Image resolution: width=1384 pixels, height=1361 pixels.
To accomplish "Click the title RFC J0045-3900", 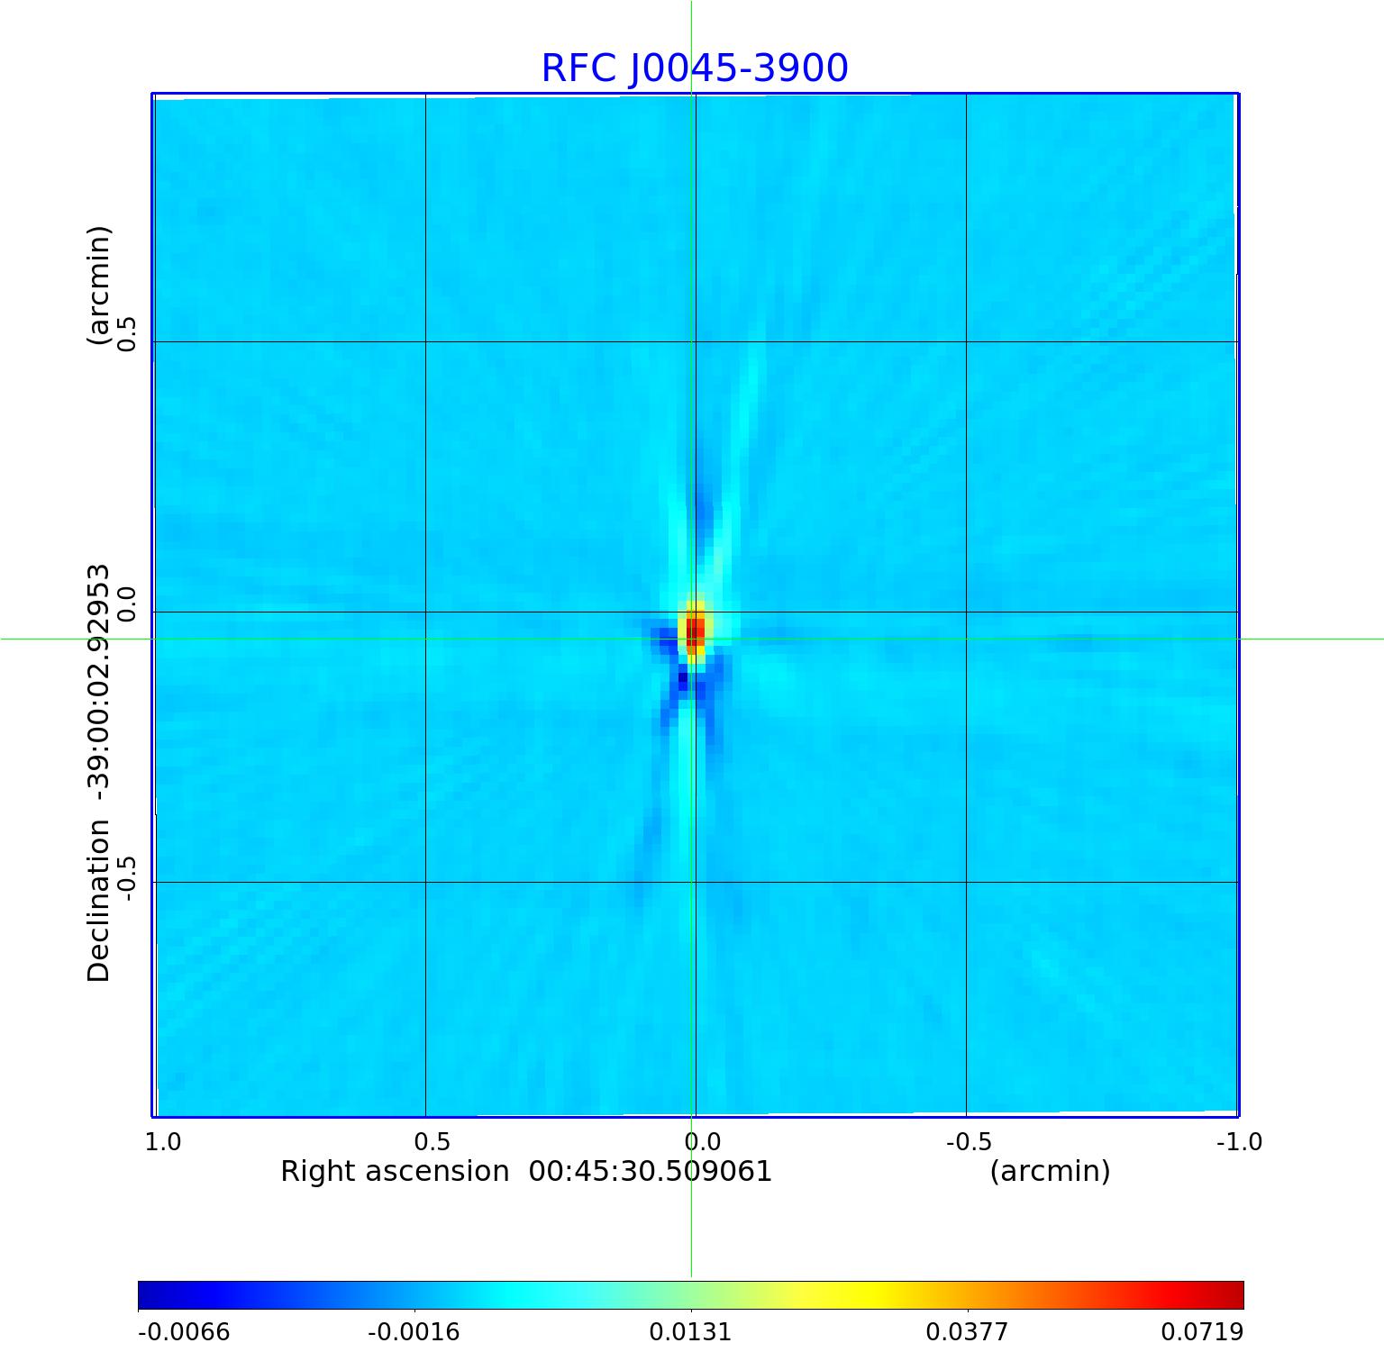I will (694, 68).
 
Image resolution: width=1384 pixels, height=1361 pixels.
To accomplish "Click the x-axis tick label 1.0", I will (163, 1142).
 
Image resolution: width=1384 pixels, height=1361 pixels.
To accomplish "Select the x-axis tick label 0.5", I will (432, 1142).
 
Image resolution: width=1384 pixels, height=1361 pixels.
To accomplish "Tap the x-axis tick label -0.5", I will (969, 1142).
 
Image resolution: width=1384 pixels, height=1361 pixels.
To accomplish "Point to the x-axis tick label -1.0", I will (1239, 1142).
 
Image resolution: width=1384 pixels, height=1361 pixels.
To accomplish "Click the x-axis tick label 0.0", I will (703, 1142).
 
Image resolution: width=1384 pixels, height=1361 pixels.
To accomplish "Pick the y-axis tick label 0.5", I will (125, 334).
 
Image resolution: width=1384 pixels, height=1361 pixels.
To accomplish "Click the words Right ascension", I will (395, 1172).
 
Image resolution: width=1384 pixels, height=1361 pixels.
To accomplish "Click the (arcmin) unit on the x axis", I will (1050, 1172).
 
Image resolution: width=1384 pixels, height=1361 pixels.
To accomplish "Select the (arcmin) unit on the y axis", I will (98, 286).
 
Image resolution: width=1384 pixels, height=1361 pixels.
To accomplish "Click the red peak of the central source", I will (695, 630).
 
